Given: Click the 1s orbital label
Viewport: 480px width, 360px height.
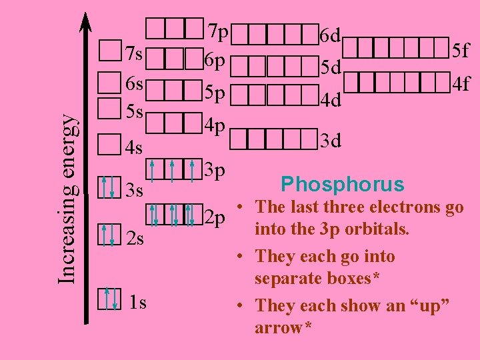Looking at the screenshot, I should point(138,303).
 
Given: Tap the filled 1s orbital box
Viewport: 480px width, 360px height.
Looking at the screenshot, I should point(109,299).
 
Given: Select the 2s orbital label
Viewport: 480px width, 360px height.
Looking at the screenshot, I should point(135,238).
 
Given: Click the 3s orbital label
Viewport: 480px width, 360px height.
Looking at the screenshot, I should point(135,191).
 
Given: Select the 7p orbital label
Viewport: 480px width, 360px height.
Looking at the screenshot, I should point(218,31).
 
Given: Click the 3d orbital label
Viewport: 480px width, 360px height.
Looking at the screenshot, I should point(331,141).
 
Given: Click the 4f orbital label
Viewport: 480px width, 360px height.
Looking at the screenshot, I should point(461,85).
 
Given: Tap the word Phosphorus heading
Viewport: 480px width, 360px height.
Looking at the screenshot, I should point(342,184).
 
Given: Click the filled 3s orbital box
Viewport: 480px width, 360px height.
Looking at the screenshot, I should point(108,187).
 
